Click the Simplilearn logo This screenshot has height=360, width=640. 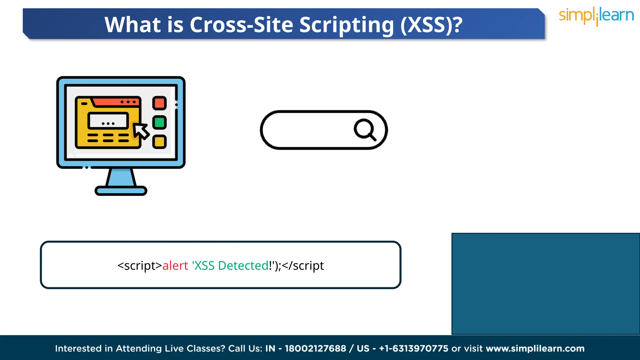click(x=596, y=16)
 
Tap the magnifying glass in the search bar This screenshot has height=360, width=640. click(x=365, y=129)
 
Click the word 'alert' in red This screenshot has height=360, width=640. click(x=175, y=266)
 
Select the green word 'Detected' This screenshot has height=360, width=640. click(x=243, y=266)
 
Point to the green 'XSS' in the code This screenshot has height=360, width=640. click(x=204, y=266)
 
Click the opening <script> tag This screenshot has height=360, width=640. click(x=140, y=266)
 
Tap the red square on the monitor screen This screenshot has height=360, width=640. click(x=159, y=103)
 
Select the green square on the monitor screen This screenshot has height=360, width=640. click(x=159, y=122)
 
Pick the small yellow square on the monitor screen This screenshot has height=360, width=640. click(x=159, y=142)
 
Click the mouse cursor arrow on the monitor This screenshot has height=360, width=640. click(x=141, y=131)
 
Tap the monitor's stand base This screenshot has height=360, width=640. click(x=121, y=191)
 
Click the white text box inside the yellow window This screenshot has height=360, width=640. click(x=108, y=121)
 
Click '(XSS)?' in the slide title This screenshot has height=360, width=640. click(x=431, y=25)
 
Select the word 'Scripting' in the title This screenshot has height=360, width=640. click(x=347, y=25)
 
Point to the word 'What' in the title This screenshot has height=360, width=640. click(x=132, y=25)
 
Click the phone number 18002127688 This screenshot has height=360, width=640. click(x=315, y=348)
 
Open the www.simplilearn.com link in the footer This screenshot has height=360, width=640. click(x=535, y=348)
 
